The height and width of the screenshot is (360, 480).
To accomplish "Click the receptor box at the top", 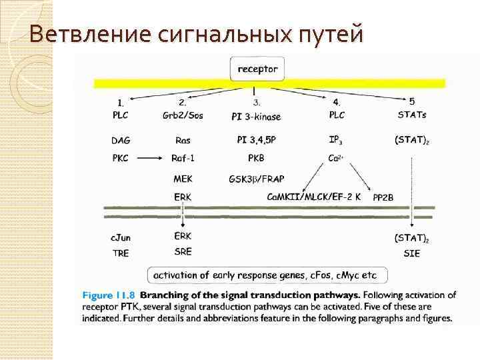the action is pyautogui.click(x=254, y=69).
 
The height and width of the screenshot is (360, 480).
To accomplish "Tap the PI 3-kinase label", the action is pyautogui.click(x=256, y=116).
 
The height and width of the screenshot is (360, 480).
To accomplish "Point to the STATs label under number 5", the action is pyautogui.click(x=411, y=115).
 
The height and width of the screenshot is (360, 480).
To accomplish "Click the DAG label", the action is pyautogui.click(x=121, y=141).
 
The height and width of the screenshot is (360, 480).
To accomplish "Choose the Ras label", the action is pyautogui.click(x=183, y=141).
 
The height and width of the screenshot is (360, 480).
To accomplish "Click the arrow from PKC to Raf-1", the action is pyautogui.click(x=151, y=158).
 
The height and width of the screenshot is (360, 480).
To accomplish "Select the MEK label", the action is pyautogui.click(x=183, y=179).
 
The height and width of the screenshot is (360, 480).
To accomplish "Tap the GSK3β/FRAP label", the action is pyautogui.click(x=255, y=179).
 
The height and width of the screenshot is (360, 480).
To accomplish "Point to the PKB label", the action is pyautogui.click(x=256, y=158).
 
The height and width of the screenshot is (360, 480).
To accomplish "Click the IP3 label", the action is pyautogui.click(x=337, y=141).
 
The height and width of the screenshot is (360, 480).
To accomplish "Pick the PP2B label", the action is pyautogui.click(x=383, y=197).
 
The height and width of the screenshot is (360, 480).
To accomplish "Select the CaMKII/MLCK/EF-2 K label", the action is pyautogui.click(x=313, y=197).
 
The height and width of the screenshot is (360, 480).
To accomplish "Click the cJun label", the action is pyautogui.click(x=121, y=237).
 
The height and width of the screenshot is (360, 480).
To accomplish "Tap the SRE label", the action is pyautogui.click(x=183, y=253).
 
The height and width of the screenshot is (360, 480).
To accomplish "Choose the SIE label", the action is pyautogui.click(x=412, y=253).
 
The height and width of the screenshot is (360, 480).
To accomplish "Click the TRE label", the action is pyautogui.click(x=121, y=253).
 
